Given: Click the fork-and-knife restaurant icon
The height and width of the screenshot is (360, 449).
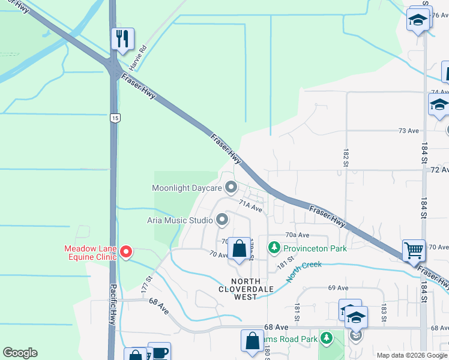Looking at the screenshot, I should [x=122, y=39].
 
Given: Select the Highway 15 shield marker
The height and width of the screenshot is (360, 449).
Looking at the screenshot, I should [x=114, y=118].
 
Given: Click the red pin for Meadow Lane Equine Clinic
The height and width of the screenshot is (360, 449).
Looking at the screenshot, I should [x=126, y=252].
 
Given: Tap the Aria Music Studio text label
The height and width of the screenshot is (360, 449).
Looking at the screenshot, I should [x=180, y=220].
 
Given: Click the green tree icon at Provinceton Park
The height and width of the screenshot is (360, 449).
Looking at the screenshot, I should [x=274, y=247].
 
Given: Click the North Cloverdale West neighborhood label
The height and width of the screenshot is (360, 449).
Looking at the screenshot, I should [x=246, y=289].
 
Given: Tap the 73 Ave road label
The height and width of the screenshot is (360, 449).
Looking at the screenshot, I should [x=408, y=130].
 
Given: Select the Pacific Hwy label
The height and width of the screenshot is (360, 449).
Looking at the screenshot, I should [x=112, y=312].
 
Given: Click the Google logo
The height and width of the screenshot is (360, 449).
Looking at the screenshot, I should [x=20, y=353].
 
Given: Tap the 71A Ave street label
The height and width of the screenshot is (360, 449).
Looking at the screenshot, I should [x=251, y=207].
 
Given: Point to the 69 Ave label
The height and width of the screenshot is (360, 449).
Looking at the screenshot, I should [x=339, y=288].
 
